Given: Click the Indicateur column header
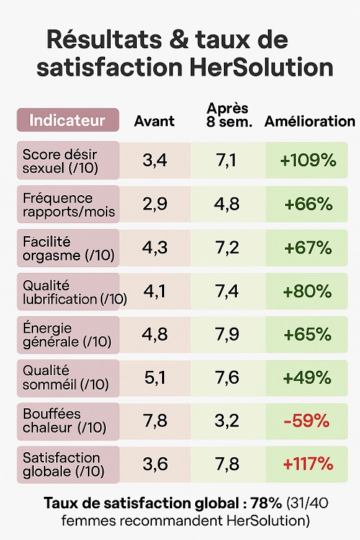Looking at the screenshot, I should pos(67,120).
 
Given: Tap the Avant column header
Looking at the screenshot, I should pos(154,121).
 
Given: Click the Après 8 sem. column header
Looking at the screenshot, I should pos(228,114).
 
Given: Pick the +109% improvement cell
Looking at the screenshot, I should pos(308,161).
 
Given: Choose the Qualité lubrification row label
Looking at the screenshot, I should pos(65,291).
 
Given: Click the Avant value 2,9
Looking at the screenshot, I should pos(155,204).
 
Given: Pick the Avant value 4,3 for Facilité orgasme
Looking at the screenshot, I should pos(155,248).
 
